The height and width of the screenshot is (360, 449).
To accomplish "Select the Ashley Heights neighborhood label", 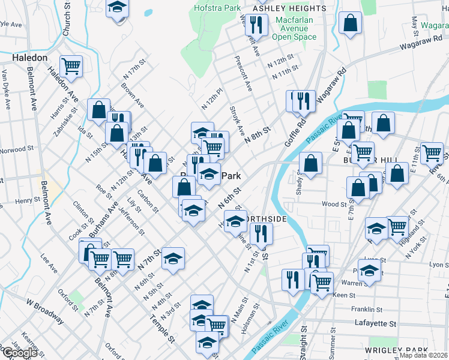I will [290, 8].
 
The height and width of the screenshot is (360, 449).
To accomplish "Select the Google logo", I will [19, 353].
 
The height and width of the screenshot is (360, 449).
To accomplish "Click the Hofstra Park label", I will [217, 8].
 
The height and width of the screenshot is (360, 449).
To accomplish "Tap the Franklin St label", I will [367, 310].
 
